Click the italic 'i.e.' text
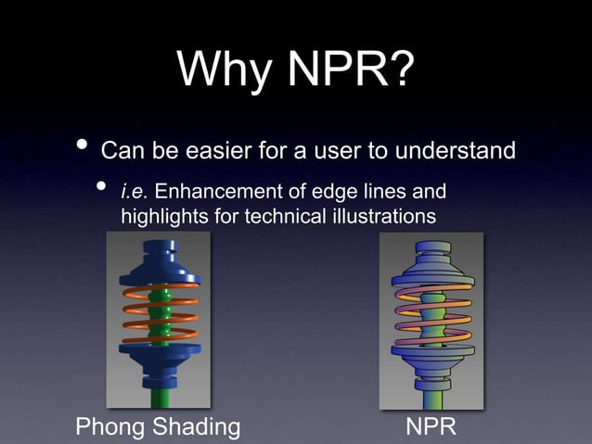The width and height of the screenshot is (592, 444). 135,193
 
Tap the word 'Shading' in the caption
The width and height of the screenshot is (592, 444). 198,427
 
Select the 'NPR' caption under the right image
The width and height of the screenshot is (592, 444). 431,427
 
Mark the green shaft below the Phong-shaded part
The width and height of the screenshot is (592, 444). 160,397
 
